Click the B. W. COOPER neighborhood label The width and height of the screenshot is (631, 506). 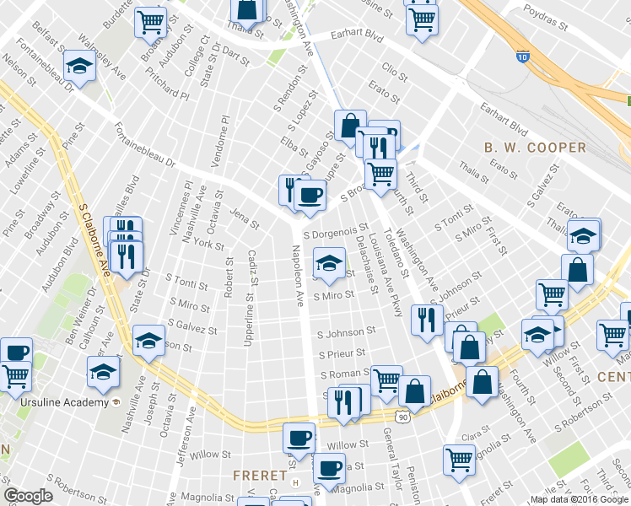535,148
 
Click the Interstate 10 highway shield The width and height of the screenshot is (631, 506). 524,57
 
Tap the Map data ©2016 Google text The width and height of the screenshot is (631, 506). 579,499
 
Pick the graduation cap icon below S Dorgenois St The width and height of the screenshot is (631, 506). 329,260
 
